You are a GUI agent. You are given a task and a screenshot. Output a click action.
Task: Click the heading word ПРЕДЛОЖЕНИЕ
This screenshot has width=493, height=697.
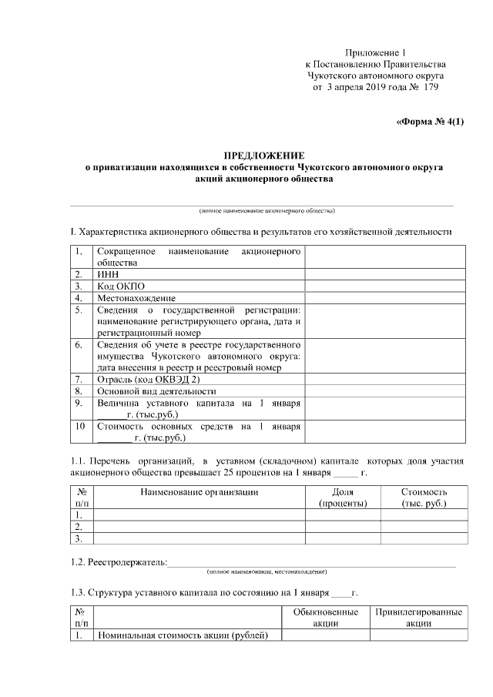[x=264, y=155]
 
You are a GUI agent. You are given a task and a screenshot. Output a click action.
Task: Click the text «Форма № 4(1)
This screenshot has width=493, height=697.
[x=430, y=122]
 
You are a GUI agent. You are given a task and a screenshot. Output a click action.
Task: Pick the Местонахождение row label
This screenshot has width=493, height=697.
[x=136, y=298]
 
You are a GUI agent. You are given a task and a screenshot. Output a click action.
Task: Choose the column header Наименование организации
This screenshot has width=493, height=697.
[x=199, y=491]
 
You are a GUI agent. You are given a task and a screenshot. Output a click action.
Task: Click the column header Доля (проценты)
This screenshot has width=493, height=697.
[x=343, y=498]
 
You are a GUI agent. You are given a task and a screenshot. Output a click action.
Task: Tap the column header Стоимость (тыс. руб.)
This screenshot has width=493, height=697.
[x=424, y=498]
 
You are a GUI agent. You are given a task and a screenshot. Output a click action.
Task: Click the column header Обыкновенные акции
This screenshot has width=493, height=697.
[x=326, y=618]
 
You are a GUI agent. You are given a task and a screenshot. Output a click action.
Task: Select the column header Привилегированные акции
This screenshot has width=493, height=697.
[x=418, y=618]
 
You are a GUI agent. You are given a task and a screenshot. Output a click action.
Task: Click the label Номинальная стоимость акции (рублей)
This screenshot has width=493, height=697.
[x=182, y=635]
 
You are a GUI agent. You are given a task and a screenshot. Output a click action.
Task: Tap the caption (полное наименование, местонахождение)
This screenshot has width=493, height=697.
[x=267, y=572]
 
